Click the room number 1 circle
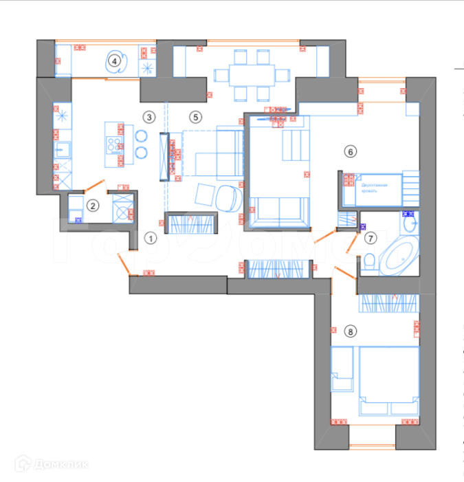tap(151, 238)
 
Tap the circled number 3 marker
tap(150, 117)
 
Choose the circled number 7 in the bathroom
tap(371, 239)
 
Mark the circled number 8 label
tap(351, 332)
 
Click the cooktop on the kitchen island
tap(113, 144)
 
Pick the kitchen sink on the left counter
tap(60, 149)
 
